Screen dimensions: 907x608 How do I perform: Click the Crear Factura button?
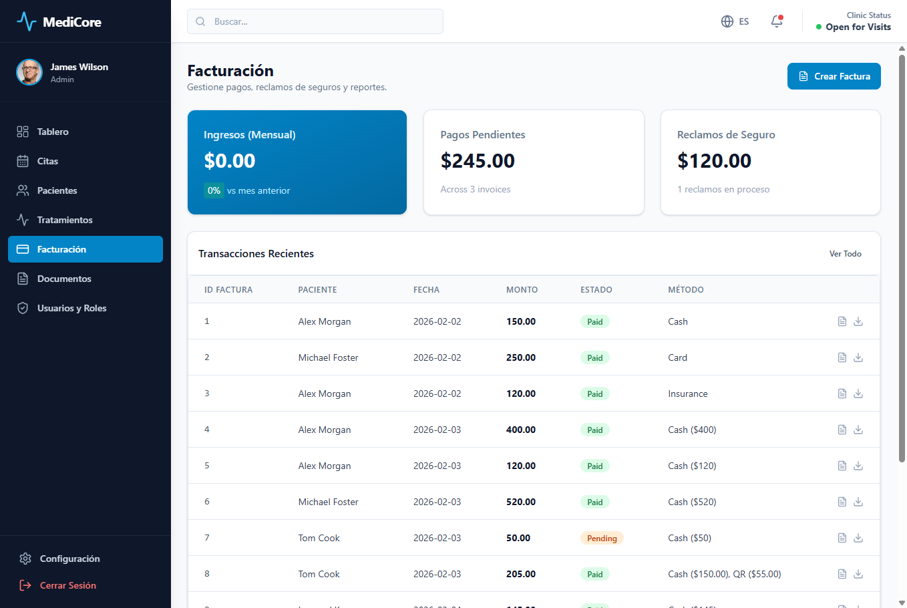click(x=834, y=76)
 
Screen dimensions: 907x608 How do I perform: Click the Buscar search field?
click(x=315, y=21)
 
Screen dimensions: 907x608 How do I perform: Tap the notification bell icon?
click(x=777, y=21)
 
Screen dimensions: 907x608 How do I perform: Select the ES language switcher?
click(x=735, y=21)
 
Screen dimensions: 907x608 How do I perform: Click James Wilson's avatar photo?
click(x=29, y=73)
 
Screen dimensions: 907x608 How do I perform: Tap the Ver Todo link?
click(x=845, y=254)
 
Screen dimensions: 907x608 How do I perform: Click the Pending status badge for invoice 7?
click(x=602, y=538)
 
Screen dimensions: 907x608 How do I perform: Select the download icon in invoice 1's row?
click(x=858, y=321)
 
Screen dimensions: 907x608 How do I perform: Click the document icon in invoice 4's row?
click(x=842, y=430)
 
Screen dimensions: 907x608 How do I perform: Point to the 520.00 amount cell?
click(x=521, y=502)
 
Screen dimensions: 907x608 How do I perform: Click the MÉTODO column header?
click(x=685, y=289)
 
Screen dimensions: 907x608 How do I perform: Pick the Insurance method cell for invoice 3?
click(x=687, y=394)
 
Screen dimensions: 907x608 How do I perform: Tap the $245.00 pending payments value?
click(x=478, y=161)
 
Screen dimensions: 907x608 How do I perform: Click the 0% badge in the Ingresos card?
click(x=214, y=190)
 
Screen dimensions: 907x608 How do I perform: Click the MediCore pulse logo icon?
click(x=27, y=21)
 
